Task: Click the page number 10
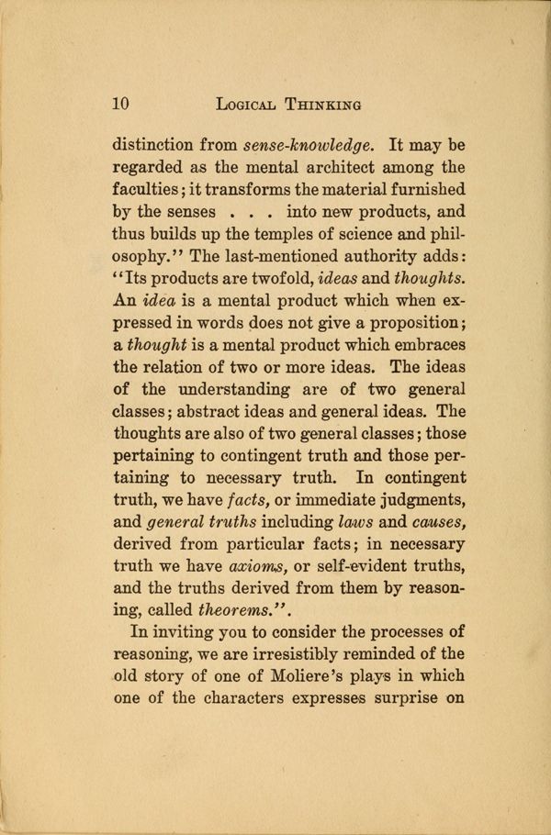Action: [x=120, y=104]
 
